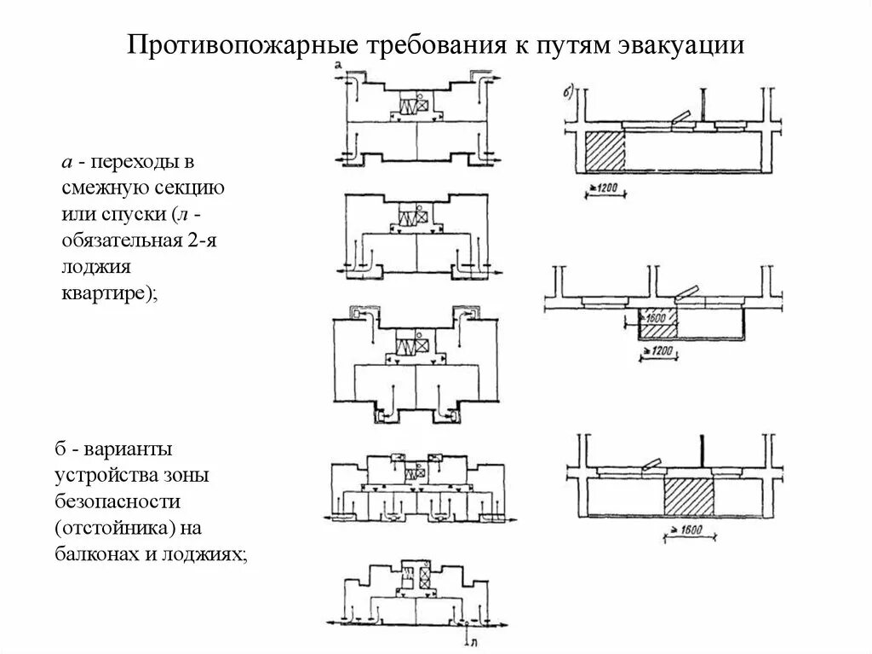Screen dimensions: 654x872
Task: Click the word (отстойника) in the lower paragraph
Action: [x=112, y=526]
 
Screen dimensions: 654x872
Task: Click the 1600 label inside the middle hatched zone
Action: [x=657, y=318]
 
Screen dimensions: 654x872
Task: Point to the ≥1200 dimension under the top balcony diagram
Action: [x=605, y=188]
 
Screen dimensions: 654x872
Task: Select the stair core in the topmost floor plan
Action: [x=416, y=107]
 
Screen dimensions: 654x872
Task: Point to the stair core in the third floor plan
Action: [x=416, y=345]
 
